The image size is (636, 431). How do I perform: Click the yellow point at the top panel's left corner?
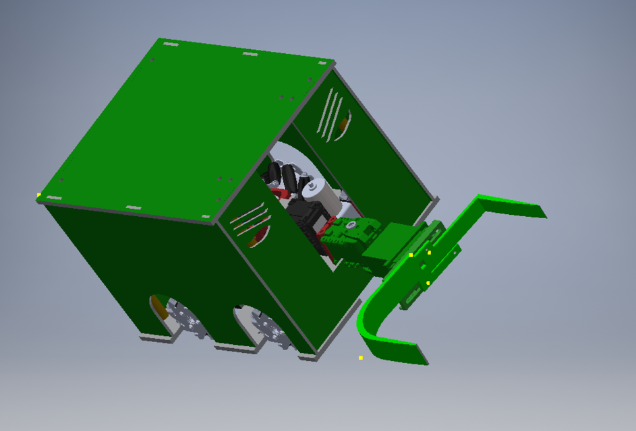pos(39,195)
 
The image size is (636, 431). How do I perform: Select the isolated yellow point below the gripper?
pos(361,358)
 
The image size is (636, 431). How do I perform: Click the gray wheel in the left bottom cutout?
pos(186,319)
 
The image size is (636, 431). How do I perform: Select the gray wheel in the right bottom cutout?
pos(270,330)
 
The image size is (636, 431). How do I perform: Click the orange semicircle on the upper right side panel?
pos(344,124)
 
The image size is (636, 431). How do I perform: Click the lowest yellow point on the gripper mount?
pos(428,283)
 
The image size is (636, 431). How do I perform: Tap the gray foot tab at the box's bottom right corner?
pos(307,356)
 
